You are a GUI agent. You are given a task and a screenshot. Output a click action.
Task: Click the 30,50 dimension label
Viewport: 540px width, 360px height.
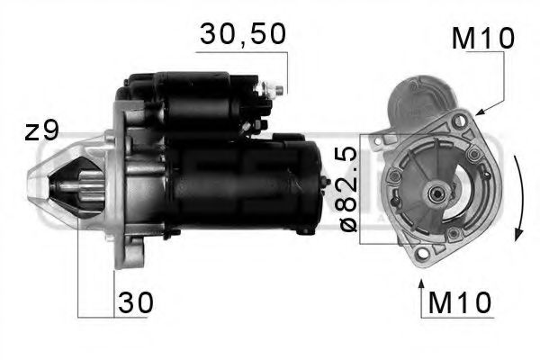[x=242, y=34]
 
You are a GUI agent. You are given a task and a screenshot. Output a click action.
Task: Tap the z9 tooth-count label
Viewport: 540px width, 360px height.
[x=41, y=130]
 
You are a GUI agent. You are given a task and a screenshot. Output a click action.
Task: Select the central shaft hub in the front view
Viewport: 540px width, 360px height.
[x=436, y=191]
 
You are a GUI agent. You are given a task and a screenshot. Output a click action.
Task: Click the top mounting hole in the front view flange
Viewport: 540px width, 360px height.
[x=459, y=121]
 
